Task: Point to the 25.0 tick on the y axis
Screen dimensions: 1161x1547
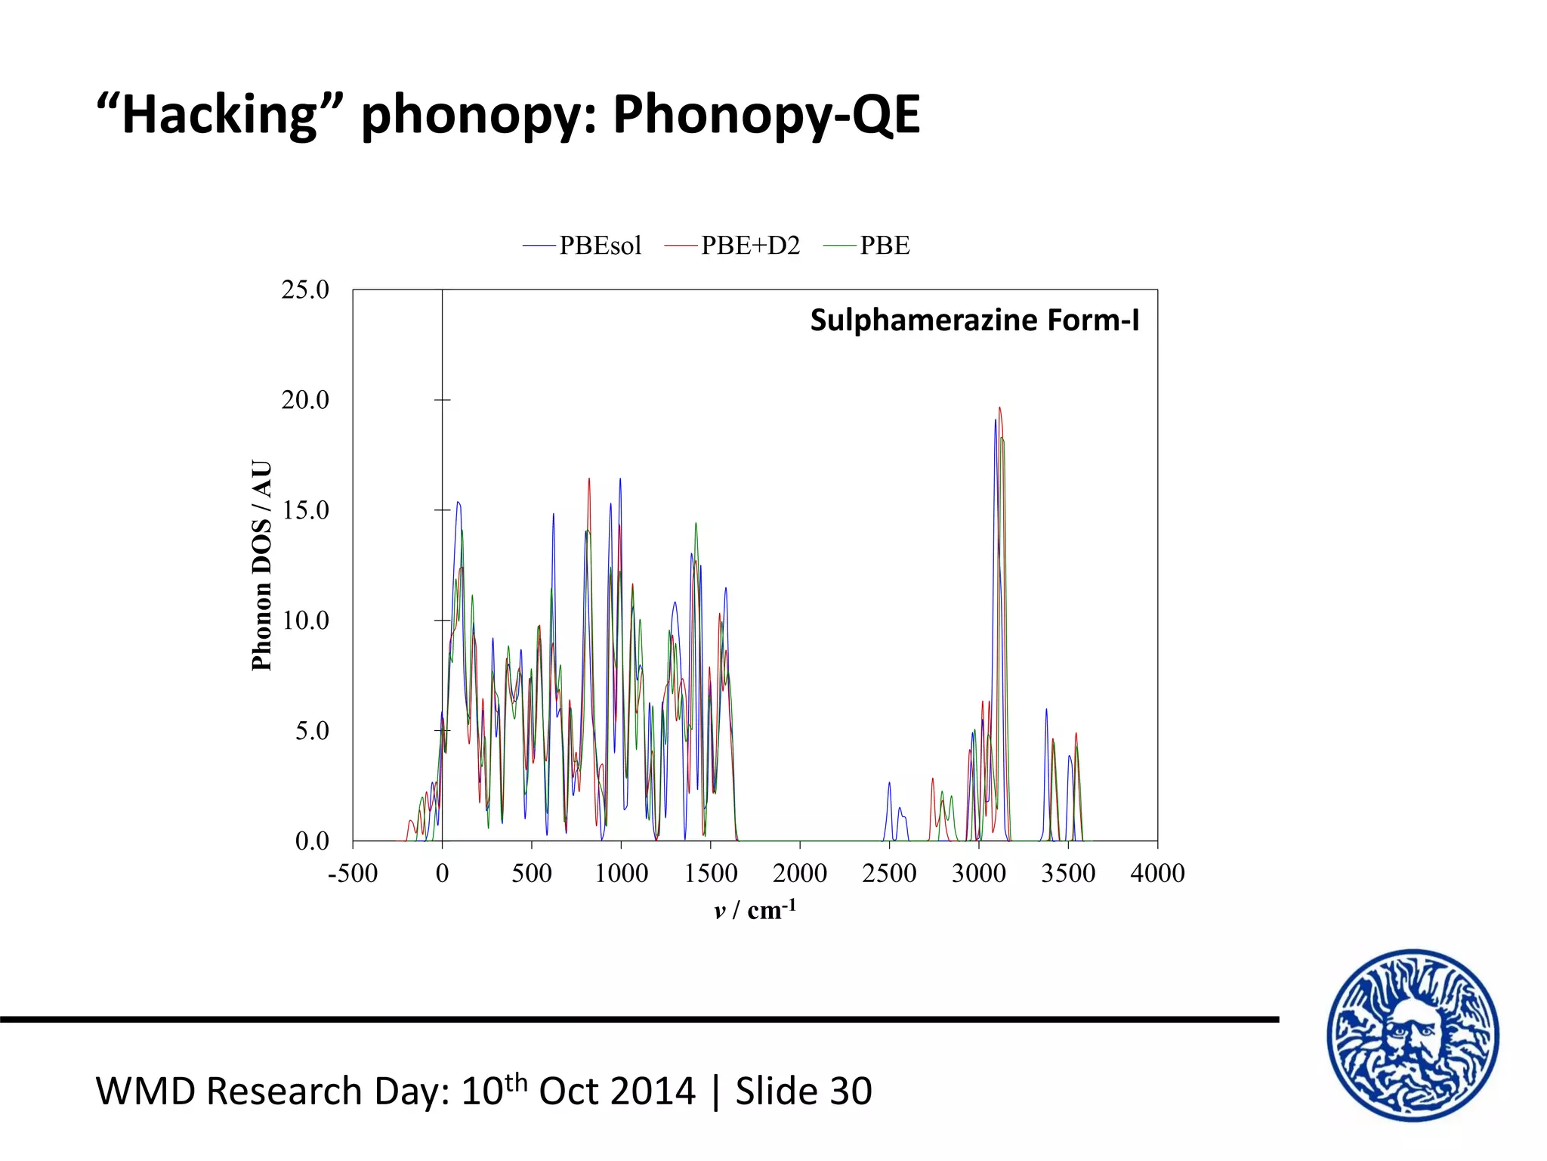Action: point(305,289)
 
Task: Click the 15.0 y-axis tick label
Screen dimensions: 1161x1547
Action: point(305,510)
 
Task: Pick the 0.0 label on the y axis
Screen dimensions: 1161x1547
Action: point(311,841)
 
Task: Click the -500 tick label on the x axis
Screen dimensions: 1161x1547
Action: point(352,873)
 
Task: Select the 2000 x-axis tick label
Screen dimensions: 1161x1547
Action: point(799,873)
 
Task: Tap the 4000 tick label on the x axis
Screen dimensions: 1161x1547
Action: point(1157,873)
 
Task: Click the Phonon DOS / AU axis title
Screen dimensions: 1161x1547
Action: point(261,565)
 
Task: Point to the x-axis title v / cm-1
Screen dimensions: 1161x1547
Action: point(755,909)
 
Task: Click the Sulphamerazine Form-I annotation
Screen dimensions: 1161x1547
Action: point(974,320)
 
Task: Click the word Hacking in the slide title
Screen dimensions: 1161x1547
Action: point(219,115)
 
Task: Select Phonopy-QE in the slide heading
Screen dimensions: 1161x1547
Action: point(766,115)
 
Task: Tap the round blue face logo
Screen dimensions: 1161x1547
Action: point(1413,1035)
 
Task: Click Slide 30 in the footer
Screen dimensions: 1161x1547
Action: point(804,1091)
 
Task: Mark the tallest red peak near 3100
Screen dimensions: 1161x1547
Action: point(999,408)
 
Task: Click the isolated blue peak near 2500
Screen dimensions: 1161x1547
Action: point(889,783)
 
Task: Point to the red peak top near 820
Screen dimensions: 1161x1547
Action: point(589,478)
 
